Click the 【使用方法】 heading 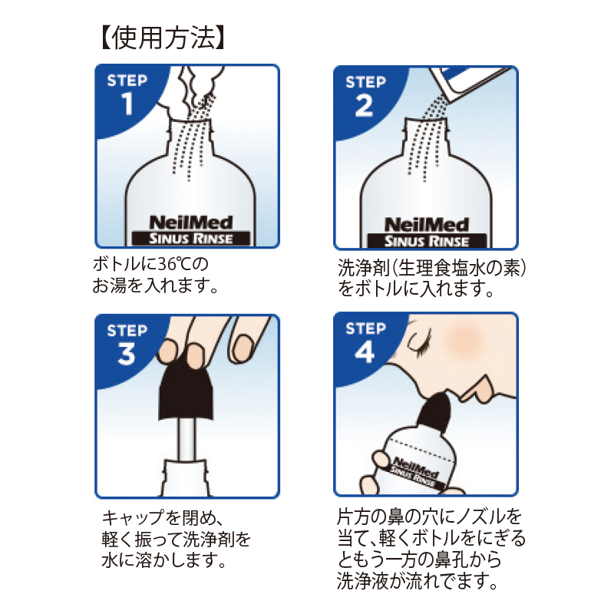click(x=162, y=38)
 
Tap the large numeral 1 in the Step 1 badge click(x=127, y=104)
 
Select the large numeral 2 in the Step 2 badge click(x=364, y=106)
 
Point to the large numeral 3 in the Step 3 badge click(x=127, y=354)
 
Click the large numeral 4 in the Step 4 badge click(x=365, y=352)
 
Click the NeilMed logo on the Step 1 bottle click(x=190, y=223)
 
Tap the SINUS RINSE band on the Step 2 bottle click(x=427, y=241)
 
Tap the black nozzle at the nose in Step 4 click(x=434, y=414)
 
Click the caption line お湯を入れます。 click(x=155, y=286)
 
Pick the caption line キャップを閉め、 click(x=162, y=517)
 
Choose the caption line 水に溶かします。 click(x=163, y=560)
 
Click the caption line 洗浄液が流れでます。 click(x=417, y=581)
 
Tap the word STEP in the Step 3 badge click(x=127, y=331)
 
